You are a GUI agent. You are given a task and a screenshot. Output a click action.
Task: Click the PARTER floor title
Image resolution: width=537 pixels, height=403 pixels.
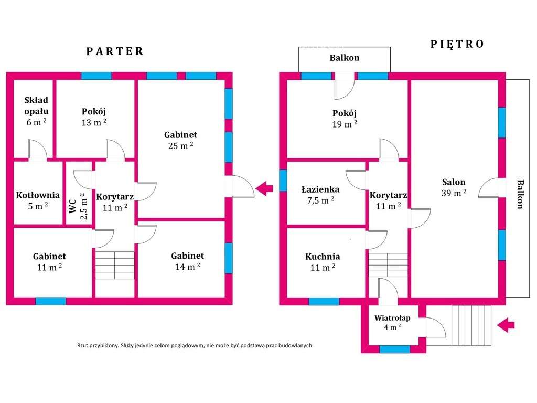[x=115, y=51]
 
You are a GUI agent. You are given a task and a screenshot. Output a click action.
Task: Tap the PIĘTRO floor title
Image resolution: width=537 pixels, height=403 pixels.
[x=457, y=44]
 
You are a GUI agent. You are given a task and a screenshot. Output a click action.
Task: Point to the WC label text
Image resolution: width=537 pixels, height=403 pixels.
[x=72, y=206]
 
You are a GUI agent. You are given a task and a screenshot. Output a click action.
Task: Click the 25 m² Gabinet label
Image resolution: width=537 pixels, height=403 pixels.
[x=181, y=140]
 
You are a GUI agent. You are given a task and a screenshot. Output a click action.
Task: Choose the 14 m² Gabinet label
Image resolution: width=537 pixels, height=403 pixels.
[x=188, y=261]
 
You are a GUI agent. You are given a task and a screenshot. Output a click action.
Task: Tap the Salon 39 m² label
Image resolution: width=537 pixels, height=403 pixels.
[x=454, y=187]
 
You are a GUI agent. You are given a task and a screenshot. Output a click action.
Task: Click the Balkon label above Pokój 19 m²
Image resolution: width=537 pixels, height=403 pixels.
[x=345, y=58]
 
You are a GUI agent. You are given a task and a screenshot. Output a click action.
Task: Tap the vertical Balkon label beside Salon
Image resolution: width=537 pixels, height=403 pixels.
[x=520, y=194]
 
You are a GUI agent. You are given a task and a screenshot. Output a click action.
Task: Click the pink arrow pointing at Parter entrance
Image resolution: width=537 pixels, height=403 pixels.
[x=264, y=188]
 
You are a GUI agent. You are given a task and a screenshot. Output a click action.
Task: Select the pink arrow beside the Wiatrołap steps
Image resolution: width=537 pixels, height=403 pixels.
[x=506, y=325]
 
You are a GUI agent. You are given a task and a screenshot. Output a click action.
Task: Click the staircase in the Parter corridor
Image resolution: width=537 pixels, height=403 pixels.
[x=115, y=265]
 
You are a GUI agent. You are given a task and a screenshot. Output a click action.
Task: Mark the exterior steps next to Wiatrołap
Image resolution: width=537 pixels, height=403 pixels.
[x=471, y=325]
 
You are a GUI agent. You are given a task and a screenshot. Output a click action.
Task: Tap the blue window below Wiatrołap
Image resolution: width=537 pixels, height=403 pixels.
[x=394, y=349]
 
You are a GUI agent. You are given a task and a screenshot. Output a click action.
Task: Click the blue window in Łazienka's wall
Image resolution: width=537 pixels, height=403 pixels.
[x=283, y=181]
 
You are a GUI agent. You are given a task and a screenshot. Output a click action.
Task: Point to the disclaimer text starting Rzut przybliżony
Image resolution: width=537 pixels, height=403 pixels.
[x=195, y=345]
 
